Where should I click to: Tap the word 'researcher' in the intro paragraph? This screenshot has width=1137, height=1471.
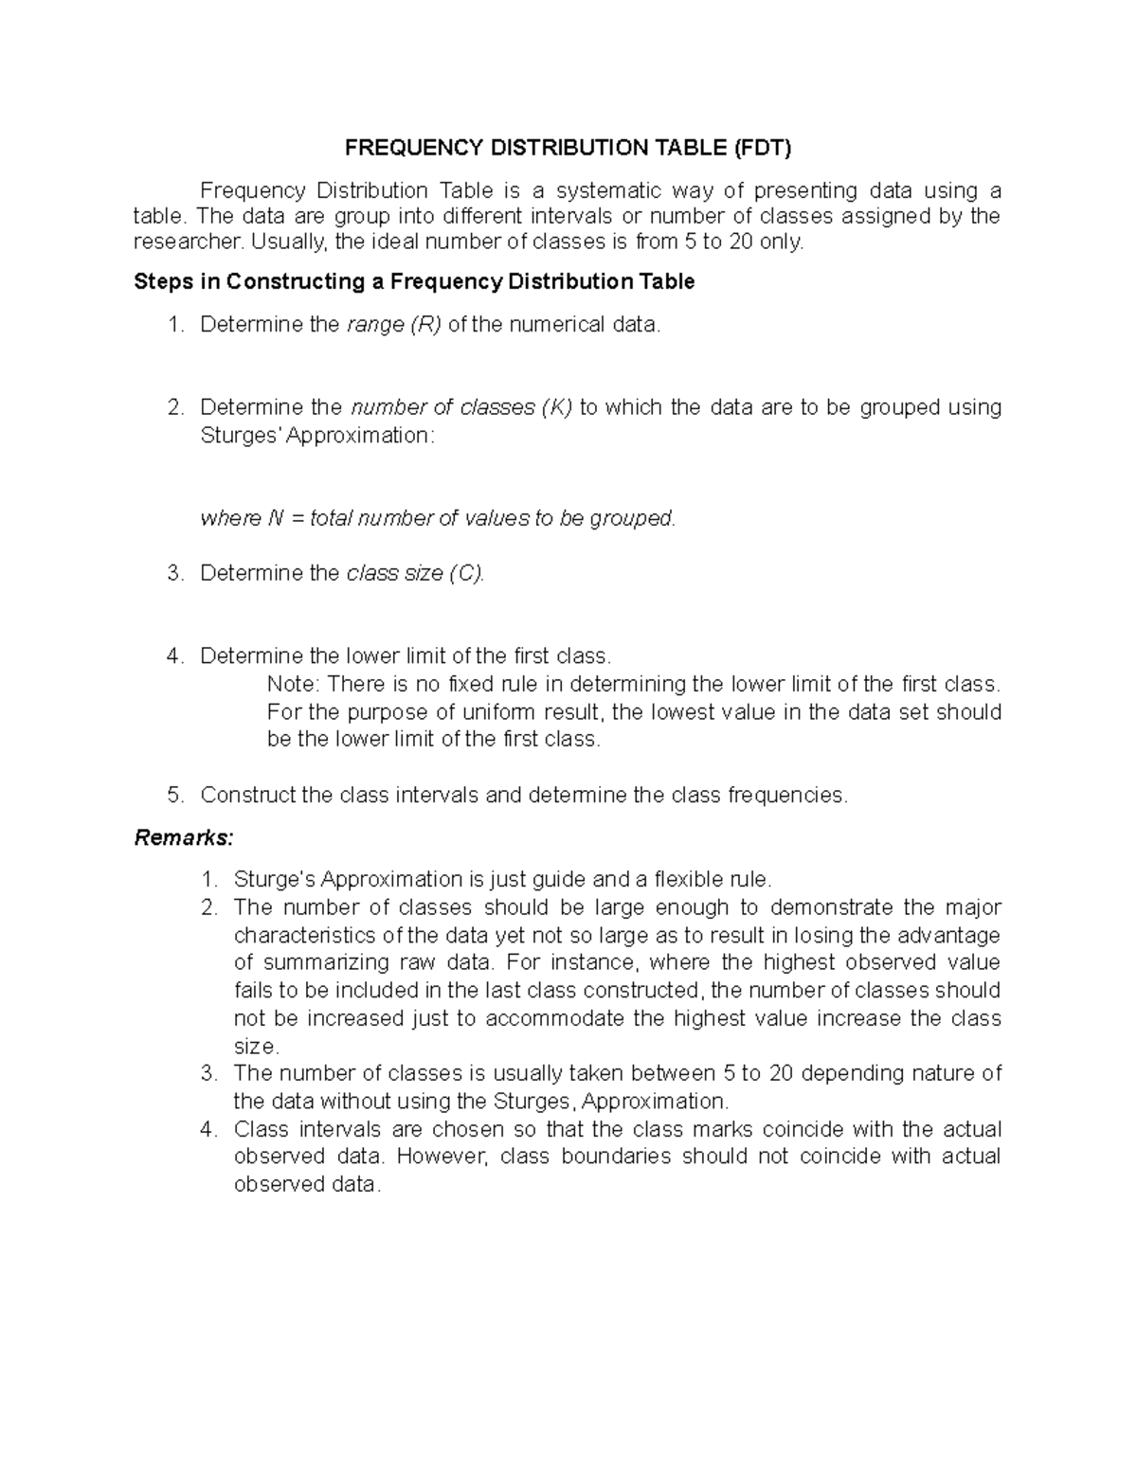(x=187, y=242)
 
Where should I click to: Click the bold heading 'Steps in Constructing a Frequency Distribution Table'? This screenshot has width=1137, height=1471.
(x=414, y=281)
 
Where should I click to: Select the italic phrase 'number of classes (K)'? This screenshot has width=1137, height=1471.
(x=461, y=407)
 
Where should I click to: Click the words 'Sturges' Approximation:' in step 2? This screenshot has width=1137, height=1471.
(x=317, y=436)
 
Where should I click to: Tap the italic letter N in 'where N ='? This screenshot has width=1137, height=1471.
(x=276, y=518)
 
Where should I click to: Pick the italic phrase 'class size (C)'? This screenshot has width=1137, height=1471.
(x=415, y=573)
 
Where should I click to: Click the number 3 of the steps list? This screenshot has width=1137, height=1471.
(x=173, y=573)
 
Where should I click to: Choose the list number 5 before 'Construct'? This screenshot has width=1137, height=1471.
(x=173, y=795)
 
